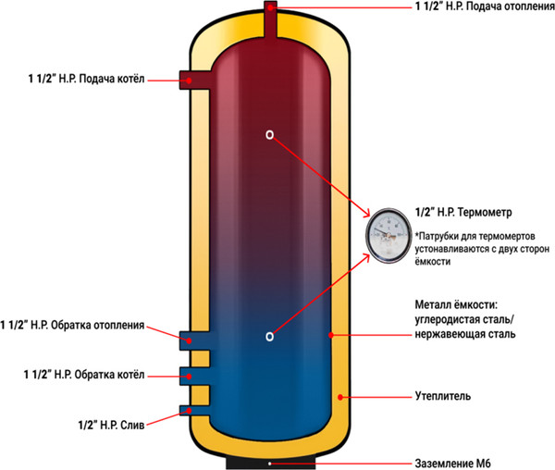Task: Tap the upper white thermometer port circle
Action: tap(270, 134)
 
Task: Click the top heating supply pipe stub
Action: tap(271, 19)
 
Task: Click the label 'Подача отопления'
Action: tap(488, 8)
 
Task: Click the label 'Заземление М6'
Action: tap(450, 463)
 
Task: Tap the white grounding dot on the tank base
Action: tap(269, 463)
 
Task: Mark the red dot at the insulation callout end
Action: tap(341, 398)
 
